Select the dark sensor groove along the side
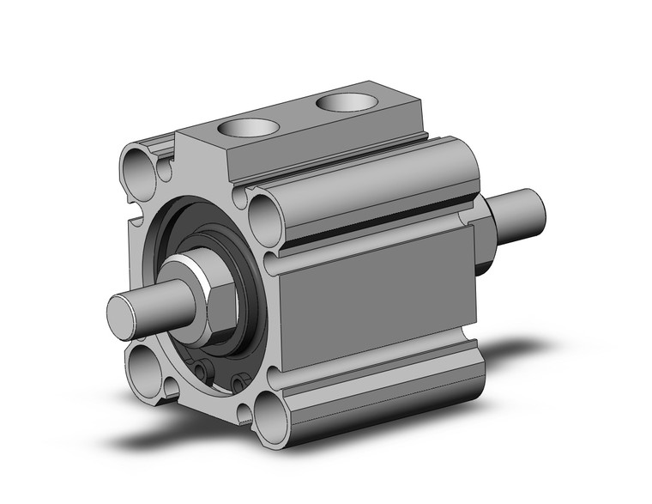pyautogui.click(x=377, y=228)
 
